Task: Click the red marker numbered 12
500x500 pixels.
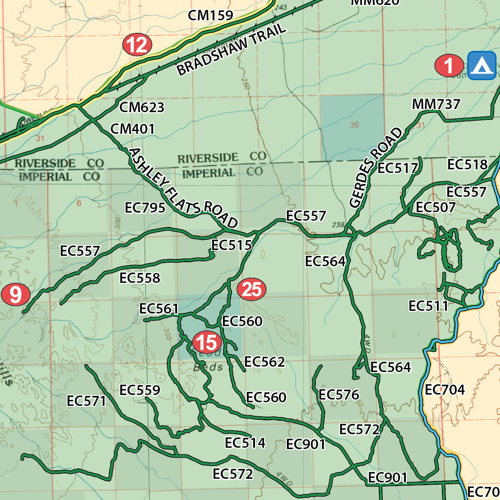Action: pyautogui.click(x=137, y=45)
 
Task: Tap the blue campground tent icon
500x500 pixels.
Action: pyautogui.click(x=482, y=66)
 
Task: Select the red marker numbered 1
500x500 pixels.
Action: pyautogui.click(x=449, y=66)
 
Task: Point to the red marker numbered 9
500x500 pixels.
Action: pyautogui.click(x=15, y=295)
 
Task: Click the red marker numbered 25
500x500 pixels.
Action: pyautogui.click(x=251, y=289)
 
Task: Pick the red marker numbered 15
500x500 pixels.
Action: pyautogui.click(x=207, y=342)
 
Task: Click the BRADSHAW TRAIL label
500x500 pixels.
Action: pyautogui.click(x=231, y=49)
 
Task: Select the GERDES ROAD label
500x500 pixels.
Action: pyautogui.click(x=376, y=168)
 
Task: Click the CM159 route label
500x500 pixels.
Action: pyautogui.click(x=210, y=15)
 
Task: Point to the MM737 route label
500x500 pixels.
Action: pyautogui.click(x=436, y=105)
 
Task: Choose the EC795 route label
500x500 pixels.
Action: pyautogui.click(x=145, y=208)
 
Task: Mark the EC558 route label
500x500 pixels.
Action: pyautogui.click(x=140, y=278)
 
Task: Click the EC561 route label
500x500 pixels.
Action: pyautogui.click(x=159, y=309)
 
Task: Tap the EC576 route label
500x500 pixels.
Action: pyautogui.click(x=339, y=395)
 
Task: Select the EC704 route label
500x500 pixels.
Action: pyautogui.click(x=445, y=390)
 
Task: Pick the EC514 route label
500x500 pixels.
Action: pyautogui.click(x=245, y=443)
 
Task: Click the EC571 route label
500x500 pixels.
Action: pyautogui.click(x=86, y=401)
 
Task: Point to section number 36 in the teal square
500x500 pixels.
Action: pyautogui.click(x=355, y=125)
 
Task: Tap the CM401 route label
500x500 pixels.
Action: pyautogui.click(x=132, y=129)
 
